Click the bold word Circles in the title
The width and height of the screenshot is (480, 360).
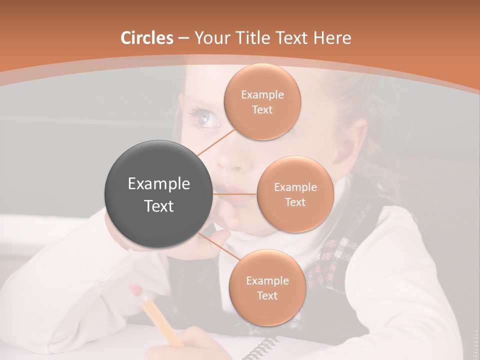tap(147, 38)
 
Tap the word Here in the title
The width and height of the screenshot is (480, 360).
tap(332, 38)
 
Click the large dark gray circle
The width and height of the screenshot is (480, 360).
tap(158, 194)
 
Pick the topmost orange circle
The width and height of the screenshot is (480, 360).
tap(262, 101)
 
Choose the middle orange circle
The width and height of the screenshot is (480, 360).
tap(295, 194)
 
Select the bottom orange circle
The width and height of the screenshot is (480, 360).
tap(267, 287)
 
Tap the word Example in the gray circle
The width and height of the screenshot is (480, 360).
tap(158, 184)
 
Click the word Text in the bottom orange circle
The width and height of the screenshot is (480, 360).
tap(267, 295)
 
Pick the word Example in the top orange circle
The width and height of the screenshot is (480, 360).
tap(262, 94)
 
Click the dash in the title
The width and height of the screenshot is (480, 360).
tap(183, 38)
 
